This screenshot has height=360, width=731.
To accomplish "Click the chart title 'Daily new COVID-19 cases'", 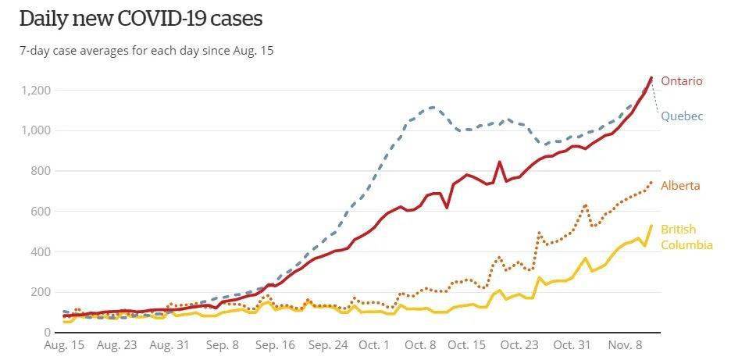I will [141, 18].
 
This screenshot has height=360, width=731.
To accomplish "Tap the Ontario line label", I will [682, 81].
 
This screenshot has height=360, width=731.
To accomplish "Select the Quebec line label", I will [682, 116].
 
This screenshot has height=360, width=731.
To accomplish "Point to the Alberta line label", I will [680, 186].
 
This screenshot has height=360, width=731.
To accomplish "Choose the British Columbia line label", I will [686, 237].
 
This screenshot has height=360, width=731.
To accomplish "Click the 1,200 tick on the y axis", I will [35, 91].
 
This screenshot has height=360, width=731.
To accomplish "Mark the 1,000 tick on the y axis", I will [35, 130].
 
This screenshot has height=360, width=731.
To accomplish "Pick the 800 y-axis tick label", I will [40, 171].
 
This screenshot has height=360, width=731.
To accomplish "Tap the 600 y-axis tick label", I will [40, 211].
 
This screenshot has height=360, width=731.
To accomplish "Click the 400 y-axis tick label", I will [40, 251].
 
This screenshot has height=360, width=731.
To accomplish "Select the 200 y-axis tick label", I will [40, 292].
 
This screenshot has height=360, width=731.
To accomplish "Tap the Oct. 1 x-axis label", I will [376, 344].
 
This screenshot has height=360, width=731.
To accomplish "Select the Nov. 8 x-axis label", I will [626, 344].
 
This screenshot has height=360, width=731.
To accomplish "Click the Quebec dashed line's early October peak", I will [433, 107].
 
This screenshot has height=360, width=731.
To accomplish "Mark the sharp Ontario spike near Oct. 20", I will [500, 162].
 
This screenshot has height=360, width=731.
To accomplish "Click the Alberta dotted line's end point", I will [651, 183].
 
